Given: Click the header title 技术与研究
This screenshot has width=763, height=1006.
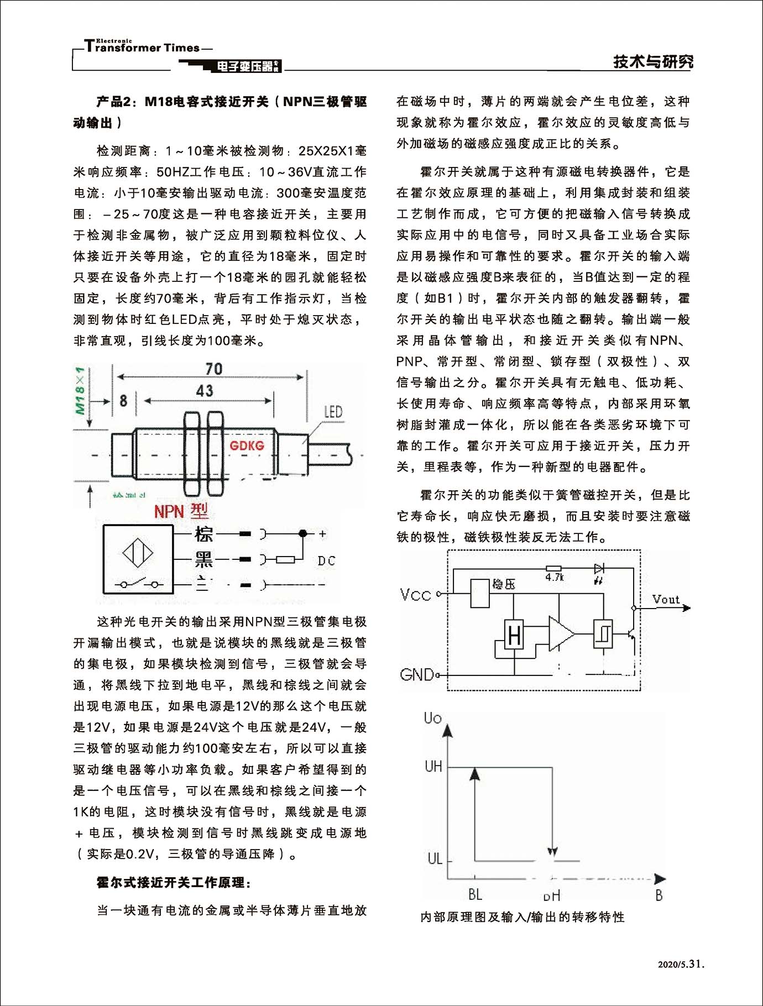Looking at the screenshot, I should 653,61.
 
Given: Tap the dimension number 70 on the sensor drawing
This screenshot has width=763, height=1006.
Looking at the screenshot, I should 213,369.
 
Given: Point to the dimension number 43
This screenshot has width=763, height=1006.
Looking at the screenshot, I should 205,391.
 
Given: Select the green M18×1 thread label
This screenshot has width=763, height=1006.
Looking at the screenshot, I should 81,390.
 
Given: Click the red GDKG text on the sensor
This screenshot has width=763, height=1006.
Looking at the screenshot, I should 247,446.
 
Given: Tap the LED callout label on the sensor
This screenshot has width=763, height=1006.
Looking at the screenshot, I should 333,412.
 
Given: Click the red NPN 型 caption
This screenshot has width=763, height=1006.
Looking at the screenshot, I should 181,511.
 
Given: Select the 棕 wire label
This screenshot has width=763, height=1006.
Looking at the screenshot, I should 203,534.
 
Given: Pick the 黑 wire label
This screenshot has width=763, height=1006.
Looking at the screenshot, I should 203,560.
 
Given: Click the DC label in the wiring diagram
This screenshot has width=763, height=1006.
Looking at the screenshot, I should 326,560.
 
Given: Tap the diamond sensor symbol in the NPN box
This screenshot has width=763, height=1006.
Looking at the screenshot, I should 138,553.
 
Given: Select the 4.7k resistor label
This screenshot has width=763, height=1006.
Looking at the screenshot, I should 554,578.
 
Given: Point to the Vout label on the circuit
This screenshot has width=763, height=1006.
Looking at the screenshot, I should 666,600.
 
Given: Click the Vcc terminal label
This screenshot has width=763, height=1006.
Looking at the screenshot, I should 415,595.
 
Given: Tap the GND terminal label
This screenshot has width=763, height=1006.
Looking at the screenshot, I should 417,674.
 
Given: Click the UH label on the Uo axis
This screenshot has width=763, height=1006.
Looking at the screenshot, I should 433,766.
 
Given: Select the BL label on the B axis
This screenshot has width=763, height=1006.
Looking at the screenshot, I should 475,894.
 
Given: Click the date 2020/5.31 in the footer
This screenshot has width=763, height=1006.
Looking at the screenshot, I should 681,965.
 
